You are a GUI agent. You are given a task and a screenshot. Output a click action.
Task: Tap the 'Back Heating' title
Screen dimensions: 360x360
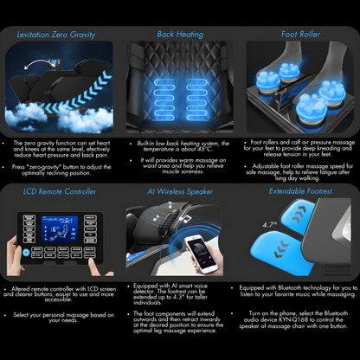(x=179, y=35)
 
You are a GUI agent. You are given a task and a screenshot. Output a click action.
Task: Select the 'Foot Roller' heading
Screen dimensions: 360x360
(x=300, y=35)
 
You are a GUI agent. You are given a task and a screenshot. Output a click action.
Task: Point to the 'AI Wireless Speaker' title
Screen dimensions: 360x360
(x=179, y=191)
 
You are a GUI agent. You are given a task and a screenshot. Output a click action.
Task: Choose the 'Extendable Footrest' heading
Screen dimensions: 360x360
(x=300, y=191)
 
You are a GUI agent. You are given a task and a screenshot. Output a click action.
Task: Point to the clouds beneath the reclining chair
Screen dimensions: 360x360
(x=61, y=117)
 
